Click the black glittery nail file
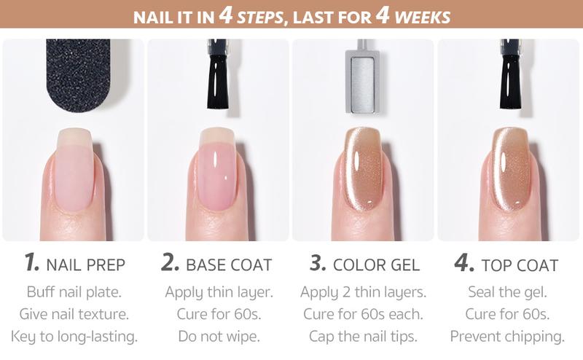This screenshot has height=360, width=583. tap(78, 74)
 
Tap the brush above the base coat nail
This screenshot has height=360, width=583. tap(217, 74)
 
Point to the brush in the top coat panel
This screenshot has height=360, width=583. tap(511, 74)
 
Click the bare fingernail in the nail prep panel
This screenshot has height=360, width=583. tap(74, 170)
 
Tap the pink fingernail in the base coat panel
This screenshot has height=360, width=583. tap(217, 169)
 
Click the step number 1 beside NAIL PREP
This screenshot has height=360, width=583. tap(31, 262)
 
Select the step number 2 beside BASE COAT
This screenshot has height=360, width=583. tap(171, 262)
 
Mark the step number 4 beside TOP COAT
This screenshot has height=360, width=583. tap(464, 262)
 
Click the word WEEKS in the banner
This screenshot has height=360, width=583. tap(423, 17)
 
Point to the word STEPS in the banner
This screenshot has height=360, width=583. tap(260, 17)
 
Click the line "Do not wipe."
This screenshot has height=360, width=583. tap(219, 336)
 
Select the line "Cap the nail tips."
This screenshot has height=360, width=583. tap(363, 337)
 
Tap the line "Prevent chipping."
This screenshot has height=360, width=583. tap(507, 337)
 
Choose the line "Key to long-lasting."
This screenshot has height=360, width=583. tap(74, 337)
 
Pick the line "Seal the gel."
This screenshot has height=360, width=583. tap(507, 292)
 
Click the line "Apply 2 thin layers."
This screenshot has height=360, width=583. tap(363, 292)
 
